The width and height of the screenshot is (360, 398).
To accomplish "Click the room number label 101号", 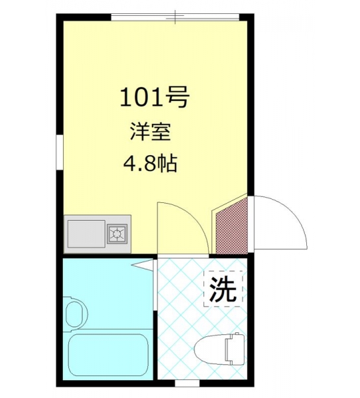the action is pos(154,97).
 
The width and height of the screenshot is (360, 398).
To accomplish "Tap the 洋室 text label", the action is pos(150,132).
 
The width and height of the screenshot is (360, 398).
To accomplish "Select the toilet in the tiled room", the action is pos(219,347).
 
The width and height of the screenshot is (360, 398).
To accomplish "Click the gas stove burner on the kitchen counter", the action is pos(117,233).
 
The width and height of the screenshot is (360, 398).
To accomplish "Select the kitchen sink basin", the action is pos(86,233).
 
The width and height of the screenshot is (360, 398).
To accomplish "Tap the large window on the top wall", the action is pos(175,17).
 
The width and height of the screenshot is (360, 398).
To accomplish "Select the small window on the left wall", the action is pos(60,152).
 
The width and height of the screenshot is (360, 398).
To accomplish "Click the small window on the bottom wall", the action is pos(187,383).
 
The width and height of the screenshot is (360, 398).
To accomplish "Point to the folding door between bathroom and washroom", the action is pos(154,285).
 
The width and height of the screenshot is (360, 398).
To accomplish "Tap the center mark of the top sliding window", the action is pos(175,17).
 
